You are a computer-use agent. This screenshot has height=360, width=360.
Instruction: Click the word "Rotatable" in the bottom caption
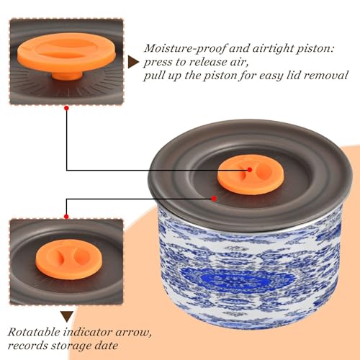34,333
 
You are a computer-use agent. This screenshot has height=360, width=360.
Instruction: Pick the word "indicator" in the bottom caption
88,333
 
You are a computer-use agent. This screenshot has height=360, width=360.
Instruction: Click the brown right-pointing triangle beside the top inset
133,63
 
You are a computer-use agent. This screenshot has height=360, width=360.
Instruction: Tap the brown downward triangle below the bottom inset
67,317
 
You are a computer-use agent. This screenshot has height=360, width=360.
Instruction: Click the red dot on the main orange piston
250,170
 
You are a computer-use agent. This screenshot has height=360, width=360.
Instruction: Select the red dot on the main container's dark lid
214,199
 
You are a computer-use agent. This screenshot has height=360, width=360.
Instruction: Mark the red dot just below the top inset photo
67,108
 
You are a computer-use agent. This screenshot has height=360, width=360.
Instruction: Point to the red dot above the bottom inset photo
66,217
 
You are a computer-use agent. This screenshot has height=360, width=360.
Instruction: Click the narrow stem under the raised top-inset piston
68,75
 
